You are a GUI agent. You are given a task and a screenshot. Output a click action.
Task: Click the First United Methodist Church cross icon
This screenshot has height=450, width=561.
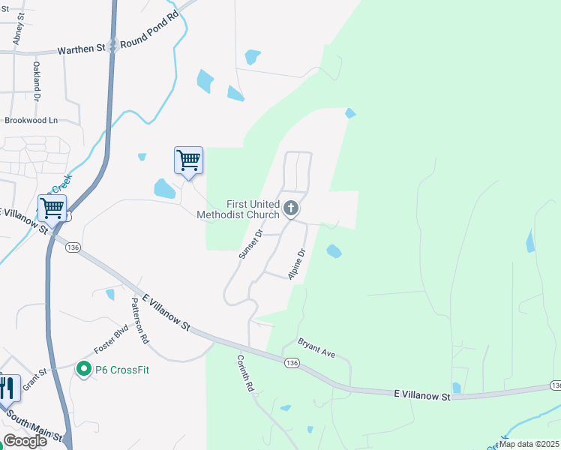click(291, 208)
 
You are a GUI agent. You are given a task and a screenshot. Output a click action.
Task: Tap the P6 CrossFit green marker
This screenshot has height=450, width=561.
click(82, 369)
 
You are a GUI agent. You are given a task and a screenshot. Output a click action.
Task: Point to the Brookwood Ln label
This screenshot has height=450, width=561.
click(31, 120)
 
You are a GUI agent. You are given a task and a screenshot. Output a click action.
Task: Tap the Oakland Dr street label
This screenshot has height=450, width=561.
click(35, 81)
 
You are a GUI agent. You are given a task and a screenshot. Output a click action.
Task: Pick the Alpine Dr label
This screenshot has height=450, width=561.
click(297, 263)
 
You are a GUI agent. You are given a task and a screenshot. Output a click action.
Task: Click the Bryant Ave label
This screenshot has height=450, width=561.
click(316, 347)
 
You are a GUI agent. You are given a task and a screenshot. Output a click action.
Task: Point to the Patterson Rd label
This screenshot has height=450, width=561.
click(139, 320)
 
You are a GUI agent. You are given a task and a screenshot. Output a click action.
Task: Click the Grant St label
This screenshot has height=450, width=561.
click(35, 382)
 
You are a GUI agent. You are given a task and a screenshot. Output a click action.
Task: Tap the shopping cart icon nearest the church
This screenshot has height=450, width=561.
click(188, 160)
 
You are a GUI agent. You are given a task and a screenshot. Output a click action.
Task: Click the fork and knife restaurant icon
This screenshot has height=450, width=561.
click(7, 388)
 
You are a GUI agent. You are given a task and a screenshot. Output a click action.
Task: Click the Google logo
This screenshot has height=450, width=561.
click(25, 441)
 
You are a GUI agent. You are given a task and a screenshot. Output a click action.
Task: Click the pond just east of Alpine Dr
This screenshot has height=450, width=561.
click(334, 251)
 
